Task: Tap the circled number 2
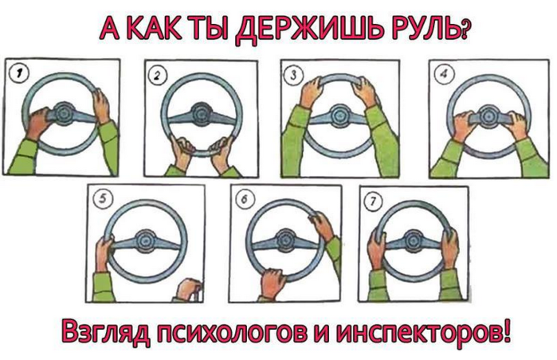click(157, 76)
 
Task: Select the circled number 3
click(293, 75)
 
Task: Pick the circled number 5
click(103, 199)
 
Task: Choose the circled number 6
click(244, 200)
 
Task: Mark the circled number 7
click(373, 202)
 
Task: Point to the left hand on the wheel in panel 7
click(376, 249)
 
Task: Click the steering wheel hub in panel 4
click(489, 115)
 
